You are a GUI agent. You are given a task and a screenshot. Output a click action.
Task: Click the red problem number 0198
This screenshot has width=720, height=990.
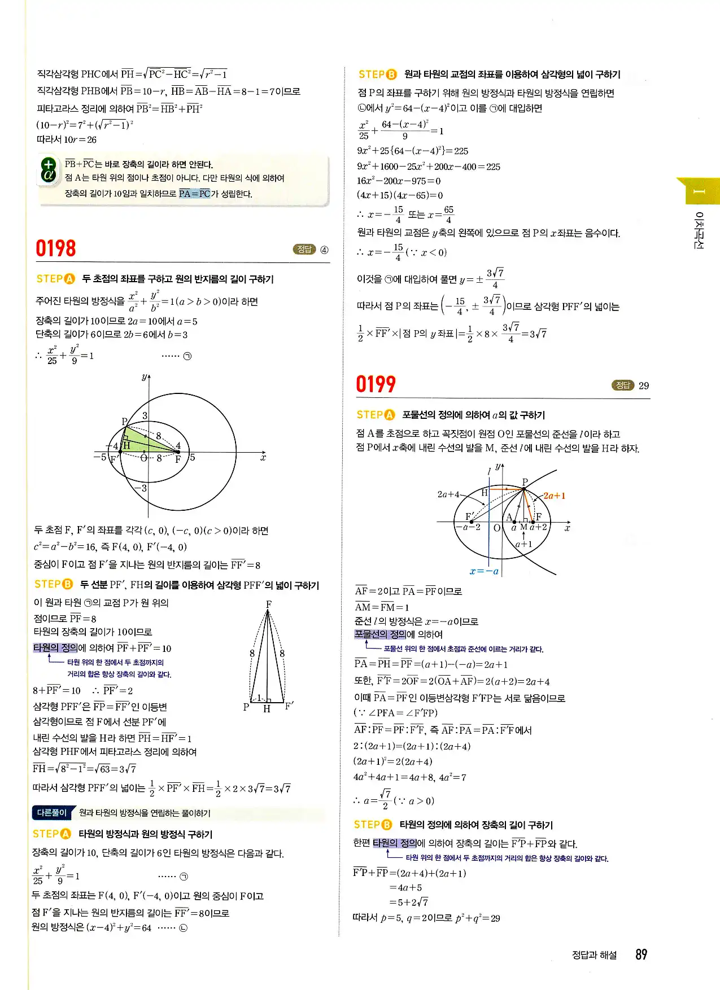tap(55, 248)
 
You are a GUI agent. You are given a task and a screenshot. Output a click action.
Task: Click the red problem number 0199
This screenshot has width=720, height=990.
tap(376, 384)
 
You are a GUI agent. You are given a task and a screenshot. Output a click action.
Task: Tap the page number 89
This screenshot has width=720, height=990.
tap(641, 954)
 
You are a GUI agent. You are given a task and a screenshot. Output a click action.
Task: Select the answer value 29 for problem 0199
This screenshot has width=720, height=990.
tap(644, 386)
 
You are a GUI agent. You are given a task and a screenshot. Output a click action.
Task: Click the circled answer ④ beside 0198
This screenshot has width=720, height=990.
tap(324, 250)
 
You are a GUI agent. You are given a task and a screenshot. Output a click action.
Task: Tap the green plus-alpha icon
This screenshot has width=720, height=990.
tap(49, 170)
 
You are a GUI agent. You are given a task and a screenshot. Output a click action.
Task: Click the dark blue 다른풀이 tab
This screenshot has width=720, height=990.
tap(52, 813)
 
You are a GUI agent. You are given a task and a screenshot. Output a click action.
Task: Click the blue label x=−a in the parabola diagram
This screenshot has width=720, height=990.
tap(484, 571)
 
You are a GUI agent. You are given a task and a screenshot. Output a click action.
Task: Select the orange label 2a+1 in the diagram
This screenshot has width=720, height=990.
tap(554, 496)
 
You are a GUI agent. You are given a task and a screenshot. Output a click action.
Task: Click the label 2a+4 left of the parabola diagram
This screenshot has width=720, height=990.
tap(449, 494)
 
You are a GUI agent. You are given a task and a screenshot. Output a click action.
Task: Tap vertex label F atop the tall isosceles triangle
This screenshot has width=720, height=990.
tap(269, 604)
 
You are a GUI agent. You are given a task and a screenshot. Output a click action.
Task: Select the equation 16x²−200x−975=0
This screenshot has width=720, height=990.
tap(399, 181)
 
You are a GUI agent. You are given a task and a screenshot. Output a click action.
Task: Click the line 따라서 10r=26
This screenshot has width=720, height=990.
tap(67, 139)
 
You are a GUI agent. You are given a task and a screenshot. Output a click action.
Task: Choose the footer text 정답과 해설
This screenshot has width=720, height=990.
tap(594, 955)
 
